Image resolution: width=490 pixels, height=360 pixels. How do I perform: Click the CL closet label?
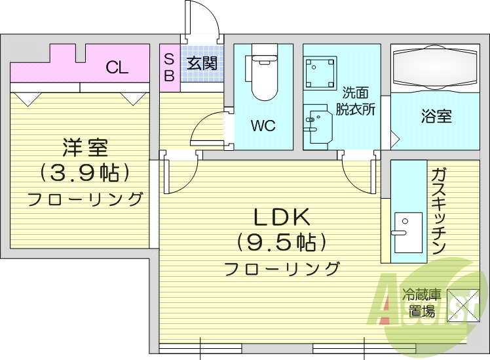point(117,67)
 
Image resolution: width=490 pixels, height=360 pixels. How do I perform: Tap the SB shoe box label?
point(168,66)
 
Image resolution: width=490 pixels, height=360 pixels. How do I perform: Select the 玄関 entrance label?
point(202,64)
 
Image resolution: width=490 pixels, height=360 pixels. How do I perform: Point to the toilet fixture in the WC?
point(263,73)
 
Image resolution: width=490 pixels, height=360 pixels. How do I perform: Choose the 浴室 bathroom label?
point(436,117)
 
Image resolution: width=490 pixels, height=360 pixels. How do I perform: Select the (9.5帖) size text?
point(281,243)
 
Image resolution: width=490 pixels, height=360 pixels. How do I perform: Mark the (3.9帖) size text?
point(85,173)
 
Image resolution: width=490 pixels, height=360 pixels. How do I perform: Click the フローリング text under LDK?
point(282,269)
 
